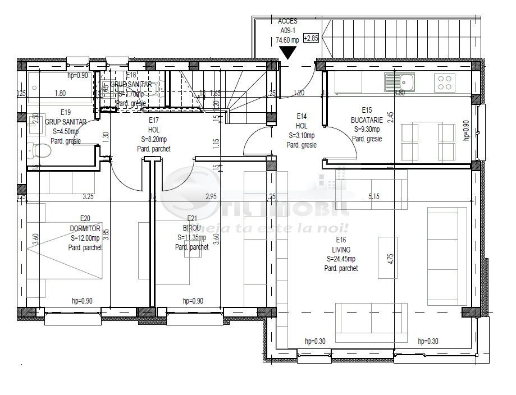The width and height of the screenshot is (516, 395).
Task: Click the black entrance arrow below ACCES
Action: point(289,53)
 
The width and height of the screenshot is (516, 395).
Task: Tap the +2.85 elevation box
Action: point(310,39)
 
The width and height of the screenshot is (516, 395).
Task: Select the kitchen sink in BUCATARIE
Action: point(399,83)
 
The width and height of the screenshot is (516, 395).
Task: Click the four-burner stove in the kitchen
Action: point(445,83)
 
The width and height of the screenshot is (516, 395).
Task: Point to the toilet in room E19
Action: point(38,150)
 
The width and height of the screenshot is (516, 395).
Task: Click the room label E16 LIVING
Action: point(341,245)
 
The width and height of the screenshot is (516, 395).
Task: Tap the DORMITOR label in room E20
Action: point(85,229)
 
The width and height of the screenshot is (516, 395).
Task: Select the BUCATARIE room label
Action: point(368,120)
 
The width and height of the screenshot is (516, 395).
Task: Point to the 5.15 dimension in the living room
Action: point(375,196)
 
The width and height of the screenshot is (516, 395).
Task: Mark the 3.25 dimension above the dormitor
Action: point(88,196)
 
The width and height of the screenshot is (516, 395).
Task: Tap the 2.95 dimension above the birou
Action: point(211,196)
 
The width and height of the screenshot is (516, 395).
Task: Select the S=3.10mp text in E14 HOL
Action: point(302,135)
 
